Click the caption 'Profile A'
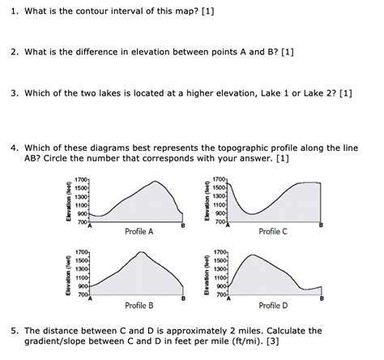tap(139, 231)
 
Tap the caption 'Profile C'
tap(273, 231)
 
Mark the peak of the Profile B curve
tap(142, 253)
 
